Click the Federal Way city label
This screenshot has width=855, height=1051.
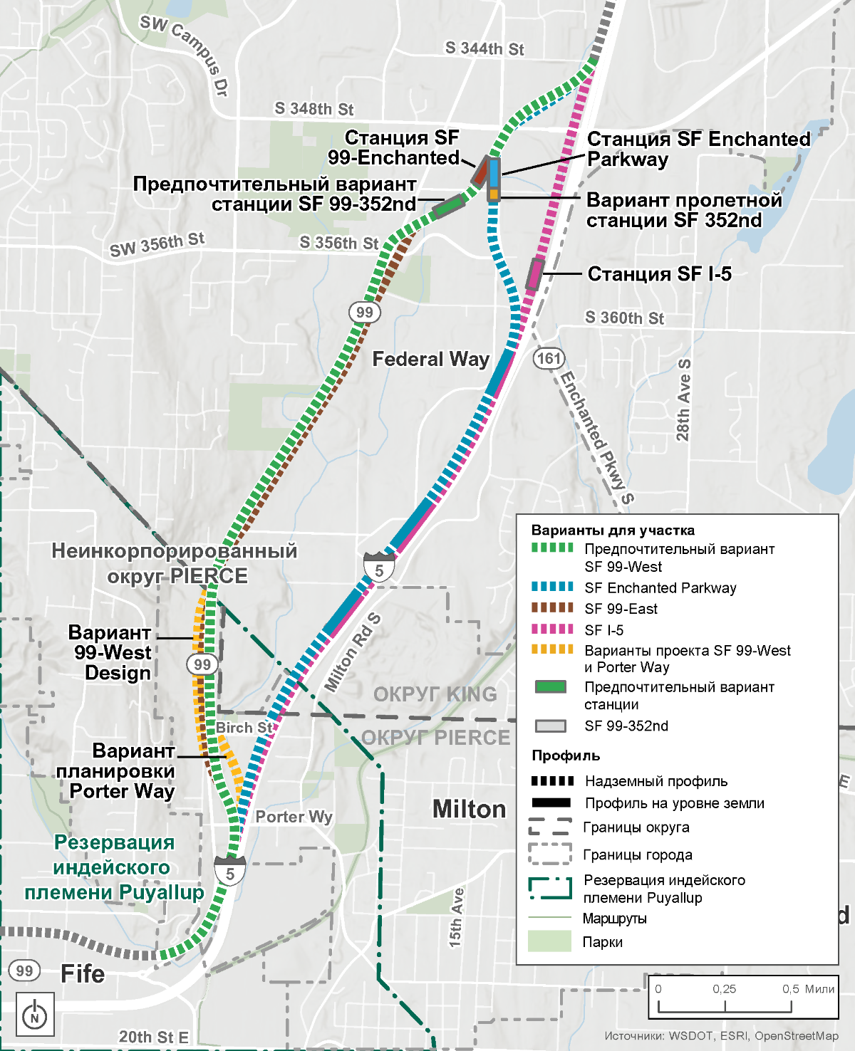pos(430,359)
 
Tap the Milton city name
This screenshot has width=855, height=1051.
pos(469,809)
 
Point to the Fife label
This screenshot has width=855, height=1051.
pos(83,973)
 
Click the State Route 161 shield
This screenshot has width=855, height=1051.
pos(549,358)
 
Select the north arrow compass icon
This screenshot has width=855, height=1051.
pos(34,1013)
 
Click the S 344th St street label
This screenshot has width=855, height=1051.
pos(484,48)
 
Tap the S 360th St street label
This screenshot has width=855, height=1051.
pos(624,318)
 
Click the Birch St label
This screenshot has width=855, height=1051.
pos(244,727)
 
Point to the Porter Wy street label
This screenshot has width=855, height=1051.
pos(294,817)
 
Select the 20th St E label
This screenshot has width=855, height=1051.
pos(153,1037)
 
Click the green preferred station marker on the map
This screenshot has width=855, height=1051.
pos(448,206)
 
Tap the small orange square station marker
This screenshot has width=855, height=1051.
pos(493,194)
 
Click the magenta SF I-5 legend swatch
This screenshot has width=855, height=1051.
pos(552,629)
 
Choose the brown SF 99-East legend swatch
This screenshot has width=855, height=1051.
pos(552,607)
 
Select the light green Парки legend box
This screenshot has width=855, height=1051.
pos(549,941)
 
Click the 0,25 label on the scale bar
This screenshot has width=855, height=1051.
pos(725,988)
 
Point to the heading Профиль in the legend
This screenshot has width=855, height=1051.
pos(566,755)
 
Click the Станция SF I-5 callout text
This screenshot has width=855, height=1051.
pos(659,274)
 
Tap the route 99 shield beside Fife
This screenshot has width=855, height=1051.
pos(24,971)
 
